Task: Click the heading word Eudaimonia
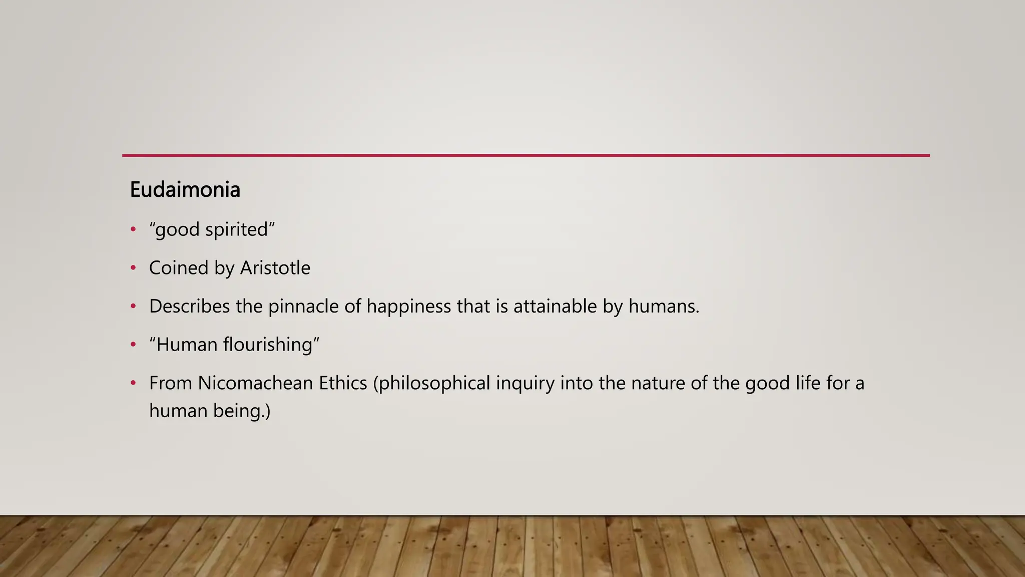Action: click(x=185, y=190)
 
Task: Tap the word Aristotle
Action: click(x=275, y=268)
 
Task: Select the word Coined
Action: click(x=179, y=268)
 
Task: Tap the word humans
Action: click(x=664, y=307)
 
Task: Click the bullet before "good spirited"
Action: click(x=133, y=229)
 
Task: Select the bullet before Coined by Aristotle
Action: click(x=133, y=268)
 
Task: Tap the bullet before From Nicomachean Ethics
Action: click(x=133, y=383)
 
